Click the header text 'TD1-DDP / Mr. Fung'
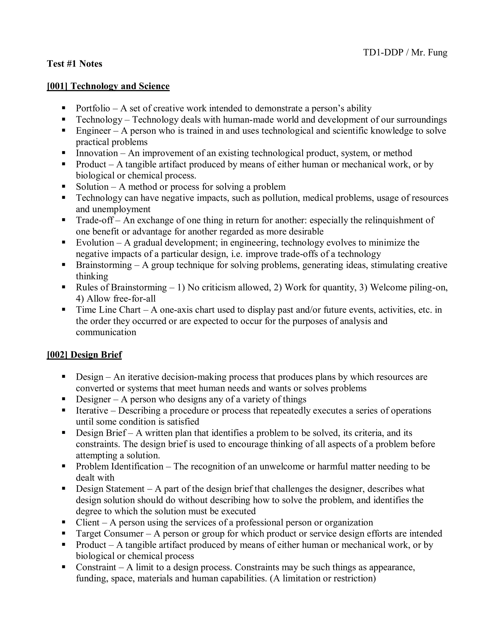(x=405, y=53)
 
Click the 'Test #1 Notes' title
(x=75, y=64)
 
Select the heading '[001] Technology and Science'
(x=108, y=86)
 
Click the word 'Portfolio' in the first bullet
(x=93, y=109)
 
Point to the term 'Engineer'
(x=93, y=131)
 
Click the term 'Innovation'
(x=97, y=153)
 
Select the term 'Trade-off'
(x=95, y=220)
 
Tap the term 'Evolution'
(x=95, y=243)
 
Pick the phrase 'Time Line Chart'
(x=108, y=310)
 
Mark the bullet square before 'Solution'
(x=63, y=187)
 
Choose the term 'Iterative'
(x=92, y=411)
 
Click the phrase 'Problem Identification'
(x=119, y=467)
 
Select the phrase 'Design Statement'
(x=110, y=489)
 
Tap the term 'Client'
(x=88, y=522)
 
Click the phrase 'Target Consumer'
(x=110, y=533)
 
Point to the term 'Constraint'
(x=96, y=567)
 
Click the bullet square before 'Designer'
(x=63, y=399)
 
